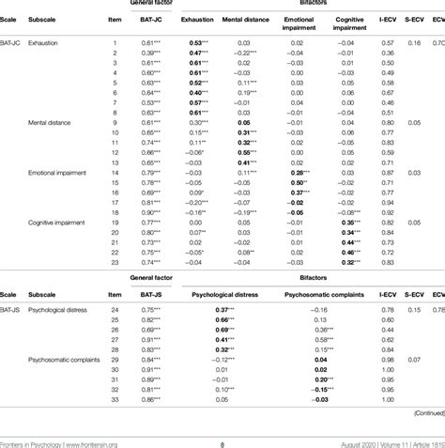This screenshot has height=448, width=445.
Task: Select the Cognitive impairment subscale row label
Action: pyautogui.click(x=62, y=223)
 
